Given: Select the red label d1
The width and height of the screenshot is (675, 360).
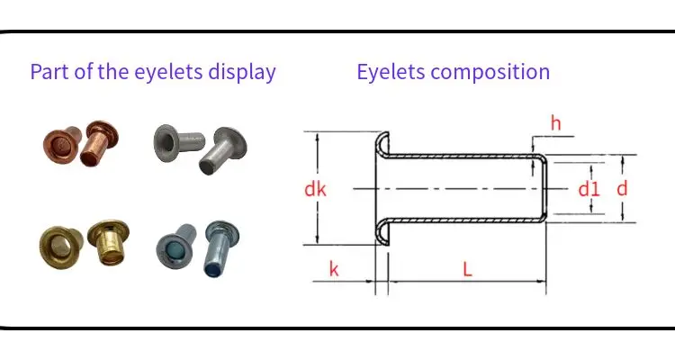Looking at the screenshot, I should tap(589, 189).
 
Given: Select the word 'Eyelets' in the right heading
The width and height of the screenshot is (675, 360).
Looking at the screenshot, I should tap(392, 72).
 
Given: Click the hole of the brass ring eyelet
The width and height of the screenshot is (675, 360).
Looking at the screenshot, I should tap(61, 242).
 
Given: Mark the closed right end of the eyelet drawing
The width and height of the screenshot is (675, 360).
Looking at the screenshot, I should tap(546, 188).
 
